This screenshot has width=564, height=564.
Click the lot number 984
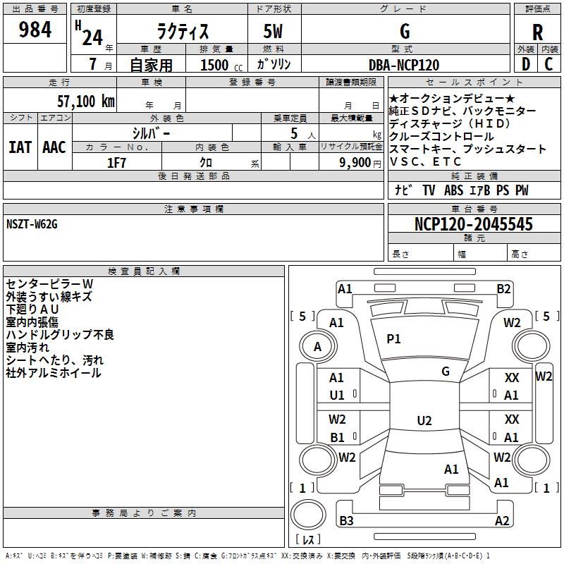pos(35,30)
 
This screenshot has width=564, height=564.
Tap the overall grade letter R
pos(537,32)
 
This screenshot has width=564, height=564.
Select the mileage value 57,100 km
pos(86,102)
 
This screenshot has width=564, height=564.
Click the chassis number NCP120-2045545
pos(473,223)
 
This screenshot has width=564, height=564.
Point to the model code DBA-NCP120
pos(404,65)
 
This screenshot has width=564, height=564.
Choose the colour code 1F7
pos(116,163)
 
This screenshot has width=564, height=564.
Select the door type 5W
pos(273,31)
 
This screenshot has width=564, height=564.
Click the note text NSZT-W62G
pos(32,224)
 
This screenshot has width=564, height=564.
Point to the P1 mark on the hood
pos(393,338)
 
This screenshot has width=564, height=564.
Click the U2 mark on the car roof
pos(424,420)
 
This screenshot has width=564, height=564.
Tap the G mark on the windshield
pos(446,371)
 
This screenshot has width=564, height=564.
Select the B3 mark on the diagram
pos(346,520)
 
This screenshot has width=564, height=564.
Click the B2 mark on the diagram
pos(503,289)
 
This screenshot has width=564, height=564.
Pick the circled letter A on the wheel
pos(317,347)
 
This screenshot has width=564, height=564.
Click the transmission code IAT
pos(20,147)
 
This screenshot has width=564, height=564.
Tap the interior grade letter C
pos(548,64)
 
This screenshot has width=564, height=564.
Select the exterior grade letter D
pos(526,64)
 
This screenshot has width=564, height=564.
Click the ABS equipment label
pos(453,190)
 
